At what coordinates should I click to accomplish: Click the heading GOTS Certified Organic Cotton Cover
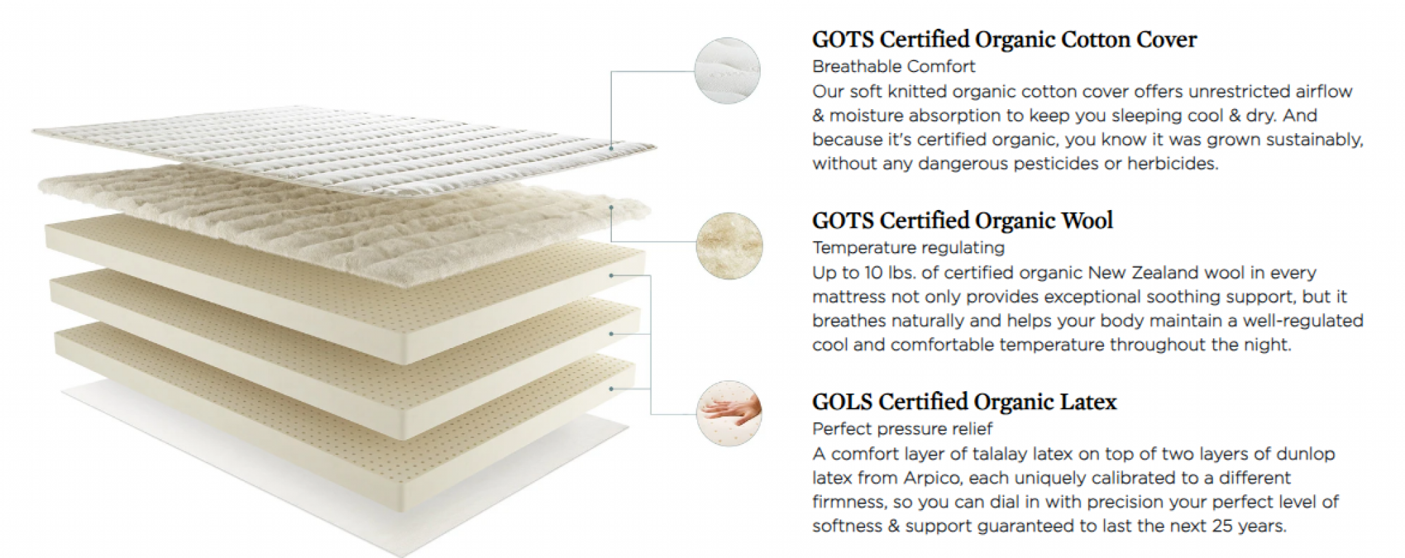pyautogui.click(x=1004, y=39)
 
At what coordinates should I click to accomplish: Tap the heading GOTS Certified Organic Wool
pyautogui.click(x=963, y=220)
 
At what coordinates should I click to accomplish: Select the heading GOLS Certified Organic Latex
pyautogui.click(x=965, y=402)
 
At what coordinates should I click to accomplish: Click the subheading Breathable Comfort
pyautogui.click(x=893, y=67)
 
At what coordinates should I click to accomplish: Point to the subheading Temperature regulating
pyautogui.click(x=908, y=248)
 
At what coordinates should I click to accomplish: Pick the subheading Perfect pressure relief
pyautogui.click(x=902, y=429)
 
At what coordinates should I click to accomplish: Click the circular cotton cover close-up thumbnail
pyautogui.click(x=728, y=71)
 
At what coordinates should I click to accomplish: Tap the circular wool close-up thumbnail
pyautogui.click(x=729, y=246)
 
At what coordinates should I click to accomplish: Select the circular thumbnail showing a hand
pyautogui.click(x=729, y=414)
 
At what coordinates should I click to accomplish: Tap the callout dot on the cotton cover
pyautogui.click(x=611, y=146)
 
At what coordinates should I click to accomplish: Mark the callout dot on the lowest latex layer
pyautogui.click(x=611, y=388)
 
